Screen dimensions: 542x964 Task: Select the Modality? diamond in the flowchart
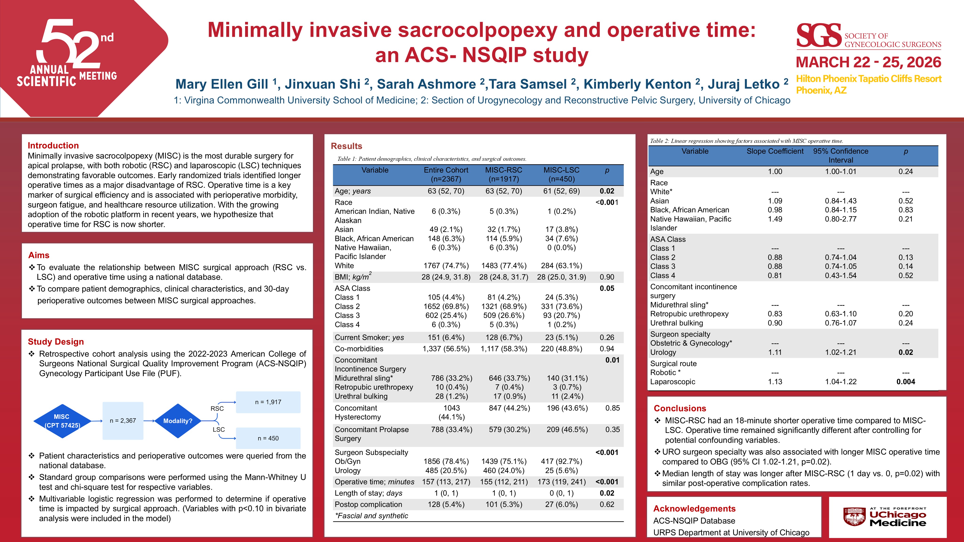[178, 421]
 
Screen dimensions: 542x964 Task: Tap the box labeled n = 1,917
[268, 402]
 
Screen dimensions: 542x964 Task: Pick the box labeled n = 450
[268, 438]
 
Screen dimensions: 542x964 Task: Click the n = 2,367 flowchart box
[123, 421]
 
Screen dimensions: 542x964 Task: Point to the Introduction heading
[53, 145]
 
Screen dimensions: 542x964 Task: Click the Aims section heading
[39, 255]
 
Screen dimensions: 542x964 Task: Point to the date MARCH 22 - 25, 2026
[868, 62]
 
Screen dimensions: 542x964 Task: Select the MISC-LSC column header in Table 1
[561, 174]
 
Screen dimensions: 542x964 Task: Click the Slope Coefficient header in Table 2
[775, 151]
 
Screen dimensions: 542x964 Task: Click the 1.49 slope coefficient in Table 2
[775, 219]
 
